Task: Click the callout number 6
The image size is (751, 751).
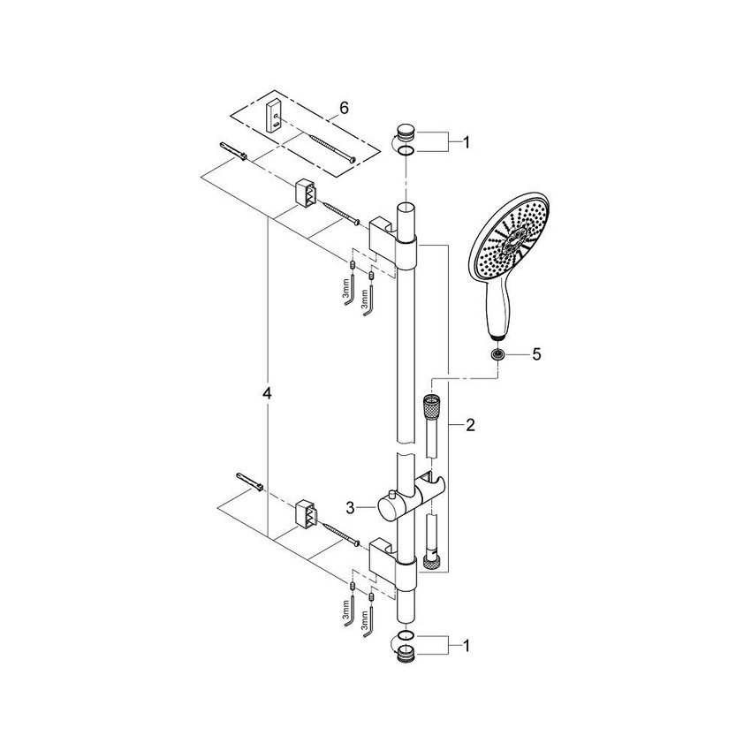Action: coord(344,107)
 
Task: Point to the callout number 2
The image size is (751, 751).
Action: coord(470,425)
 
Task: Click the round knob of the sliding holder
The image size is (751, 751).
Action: coord(386,508)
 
